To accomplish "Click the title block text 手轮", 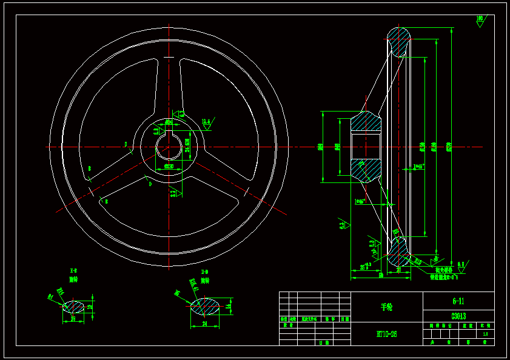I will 387,307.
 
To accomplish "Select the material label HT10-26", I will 387,333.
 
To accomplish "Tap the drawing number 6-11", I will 458,301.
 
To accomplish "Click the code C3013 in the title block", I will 458,316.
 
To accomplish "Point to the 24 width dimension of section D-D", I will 204,324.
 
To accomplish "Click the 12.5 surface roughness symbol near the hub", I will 206,123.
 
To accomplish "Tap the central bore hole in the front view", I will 168,147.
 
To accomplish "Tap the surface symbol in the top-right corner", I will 480,21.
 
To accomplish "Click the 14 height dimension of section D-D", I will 229,307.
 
